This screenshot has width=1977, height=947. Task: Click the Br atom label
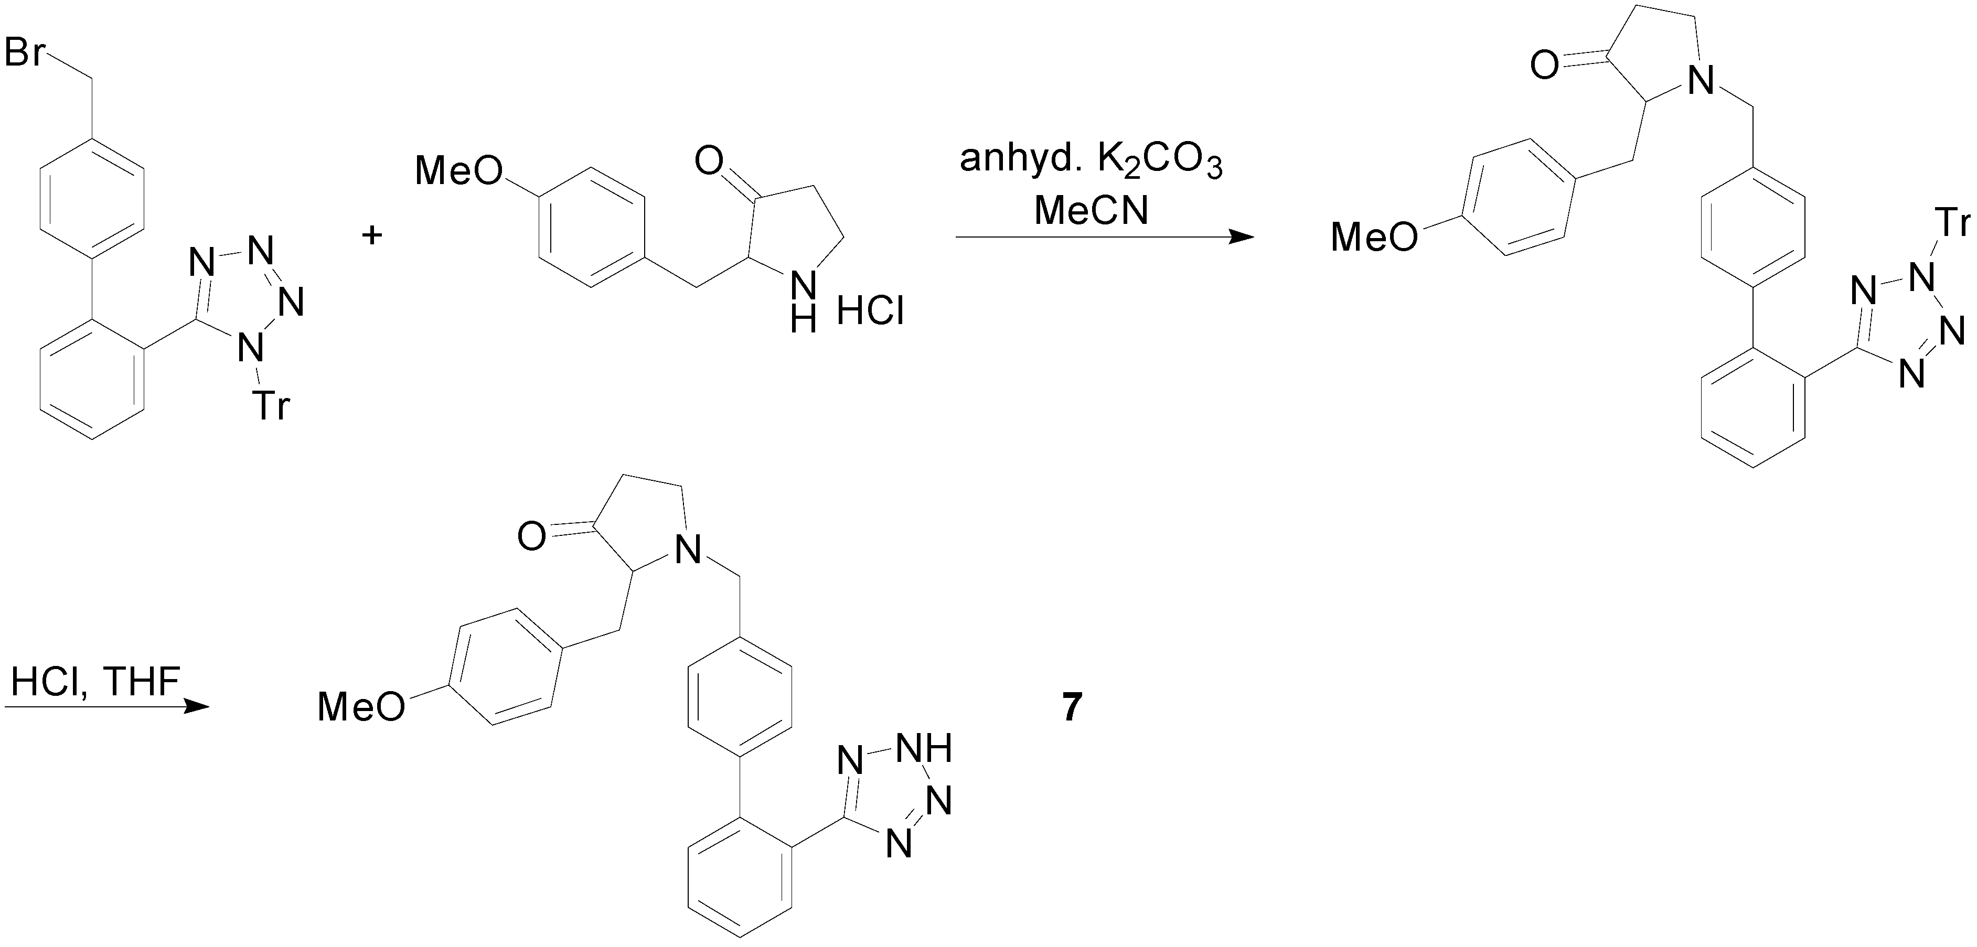25,53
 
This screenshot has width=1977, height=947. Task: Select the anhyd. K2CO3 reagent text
1091,162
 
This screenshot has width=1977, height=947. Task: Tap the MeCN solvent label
1091,209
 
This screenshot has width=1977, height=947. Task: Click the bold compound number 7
1072,707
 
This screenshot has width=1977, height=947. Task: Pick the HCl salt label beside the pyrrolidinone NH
870,311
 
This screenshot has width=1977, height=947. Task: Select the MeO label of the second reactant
459,170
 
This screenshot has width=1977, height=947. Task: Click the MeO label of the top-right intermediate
1374,236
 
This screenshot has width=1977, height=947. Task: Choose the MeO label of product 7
361,705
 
